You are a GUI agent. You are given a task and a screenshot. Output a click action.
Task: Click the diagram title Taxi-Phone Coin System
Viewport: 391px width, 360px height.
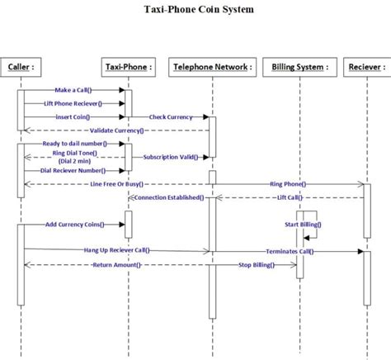point(195,10)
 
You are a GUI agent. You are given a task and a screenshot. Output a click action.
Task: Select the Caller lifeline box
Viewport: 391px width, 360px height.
point(21,66)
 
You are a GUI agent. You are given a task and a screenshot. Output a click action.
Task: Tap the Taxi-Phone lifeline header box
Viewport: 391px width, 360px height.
point(129,66)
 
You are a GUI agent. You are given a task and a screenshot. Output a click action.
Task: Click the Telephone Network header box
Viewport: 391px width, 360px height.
point(211,66)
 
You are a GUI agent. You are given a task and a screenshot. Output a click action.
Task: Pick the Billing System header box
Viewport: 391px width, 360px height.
point(299,66)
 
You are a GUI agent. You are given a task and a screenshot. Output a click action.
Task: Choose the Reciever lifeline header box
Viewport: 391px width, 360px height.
point(364,66)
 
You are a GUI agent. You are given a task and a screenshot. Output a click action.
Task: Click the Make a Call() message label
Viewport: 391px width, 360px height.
point(73,90)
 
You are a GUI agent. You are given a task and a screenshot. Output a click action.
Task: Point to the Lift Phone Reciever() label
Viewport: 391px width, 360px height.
point(73,103)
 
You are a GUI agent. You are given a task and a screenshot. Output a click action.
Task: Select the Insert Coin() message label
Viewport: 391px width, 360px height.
point(73,116)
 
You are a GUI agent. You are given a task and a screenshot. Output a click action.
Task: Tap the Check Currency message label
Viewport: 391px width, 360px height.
point(171,116)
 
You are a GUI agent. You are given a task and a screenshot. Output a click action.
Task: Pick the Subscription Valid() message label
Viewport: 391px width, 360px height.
point(169,156)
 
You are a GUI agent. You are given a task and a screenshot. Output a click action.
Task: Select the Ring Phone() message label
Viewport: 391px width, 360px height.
point(287,183)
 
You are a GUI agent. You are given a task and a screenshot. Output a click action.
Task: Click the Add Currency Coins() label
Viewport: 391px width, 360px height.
point(73,224)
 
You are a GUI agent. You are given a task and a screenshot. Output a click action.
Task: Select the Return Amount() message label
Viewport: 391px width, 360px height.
point(116,264)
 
